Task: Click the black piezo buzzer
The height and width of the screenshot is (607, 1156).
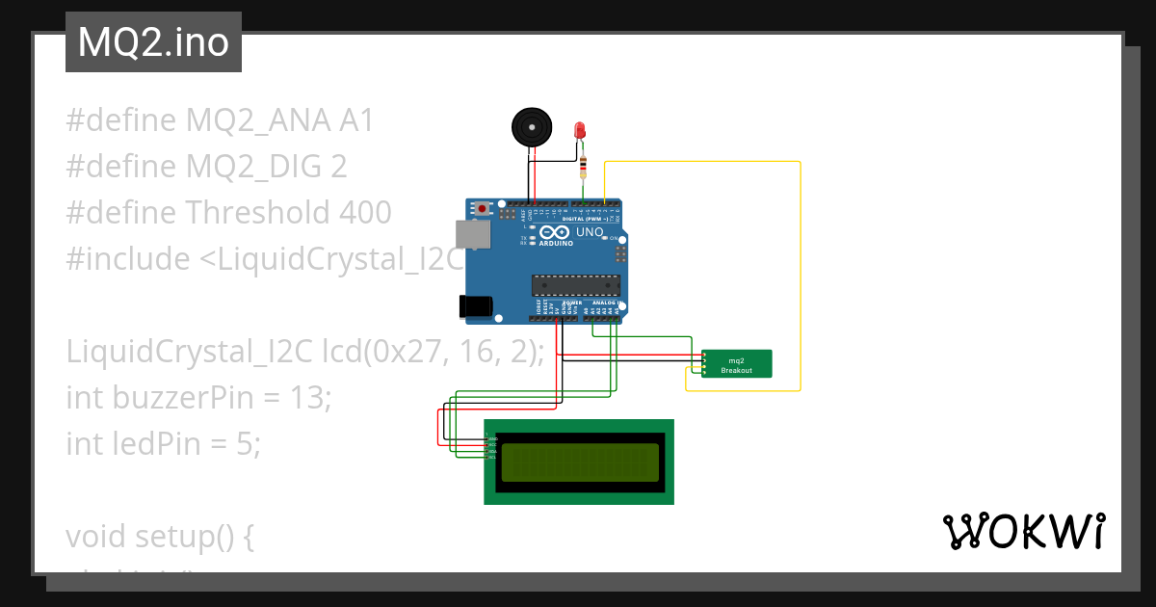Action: point(532,127)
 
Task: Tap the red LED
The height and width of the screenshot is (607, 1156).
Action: point(580,130)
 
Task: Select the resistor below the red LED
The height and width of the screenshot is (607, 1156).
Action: point(583,169)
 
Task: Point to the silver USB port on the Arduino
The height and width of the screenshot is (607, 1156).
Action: point(472,234)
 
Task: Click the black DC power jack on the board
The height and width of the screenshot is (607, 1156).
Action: point(476,306)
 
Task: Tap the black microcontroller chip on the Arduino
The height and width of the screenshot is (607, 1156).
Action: point(572,284)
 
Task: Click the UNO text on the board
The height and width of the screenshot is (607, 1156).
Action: point(590,233)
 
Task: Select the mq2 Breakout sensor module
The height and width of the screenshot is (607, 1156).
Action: point(737,364)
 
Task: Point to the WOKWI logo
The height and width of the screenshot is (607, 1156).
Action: point(1023,531)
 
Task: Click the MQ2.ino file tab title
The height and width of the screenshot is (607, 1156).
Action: point(153,42)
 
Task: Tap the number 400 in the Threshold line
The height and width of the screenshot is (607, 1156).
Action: point(365,212)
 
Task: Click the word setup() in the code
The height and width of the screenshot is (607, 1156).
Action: point(196,536)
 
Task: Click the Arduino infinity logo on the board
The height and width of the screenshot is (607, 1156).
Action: point(554,232)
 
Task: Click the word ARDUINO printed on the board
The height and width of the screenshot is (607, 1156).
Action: point(557,243)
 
